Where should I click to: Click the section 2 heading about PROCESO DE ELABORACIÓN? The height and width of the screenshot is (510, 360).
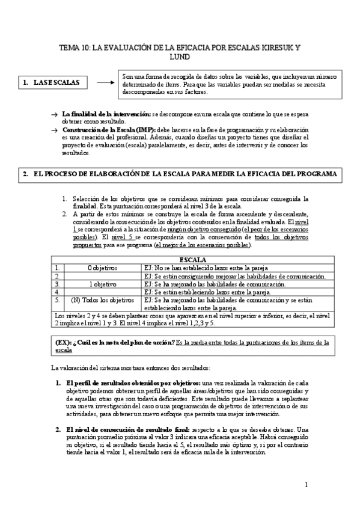tap(180, 174)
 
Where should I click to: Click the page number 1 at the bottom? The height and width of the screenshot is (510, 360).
tap(307, 484)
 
